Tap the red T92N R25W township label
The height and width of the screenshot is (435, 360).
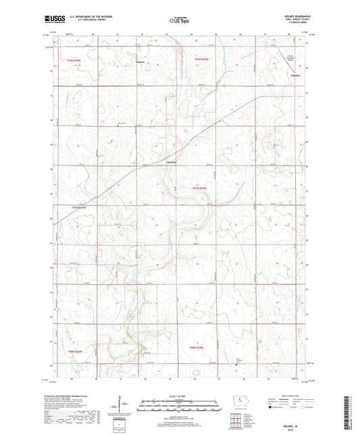point(203,60)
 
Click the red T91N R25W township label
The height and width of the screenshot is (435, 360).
point(202,188)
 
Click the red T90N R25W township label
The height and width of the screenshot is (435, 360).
point(197,347)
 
